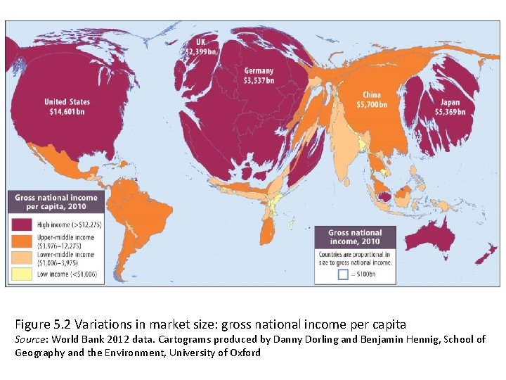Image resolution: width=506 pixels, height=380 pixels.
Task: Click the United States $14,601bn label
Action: click(67, 107)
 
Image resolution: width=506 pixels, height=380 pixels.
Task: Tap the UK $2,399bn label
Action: click(201, 46)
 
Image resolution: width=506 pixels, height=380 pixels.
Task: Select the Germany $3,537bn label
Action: click(258, 75)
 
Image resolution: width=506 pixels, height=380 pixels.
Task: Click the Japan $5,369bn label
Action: click(450, 107)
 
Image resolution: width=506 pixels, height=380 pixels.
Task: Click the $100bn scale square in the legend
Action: click(343, 274)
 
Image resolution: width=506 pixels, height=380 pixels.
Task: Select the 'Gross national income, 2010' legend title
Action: click(355, 237)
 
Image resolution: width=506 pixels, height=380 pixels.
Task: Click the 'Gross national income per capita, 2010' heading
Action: click(56, 202)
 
